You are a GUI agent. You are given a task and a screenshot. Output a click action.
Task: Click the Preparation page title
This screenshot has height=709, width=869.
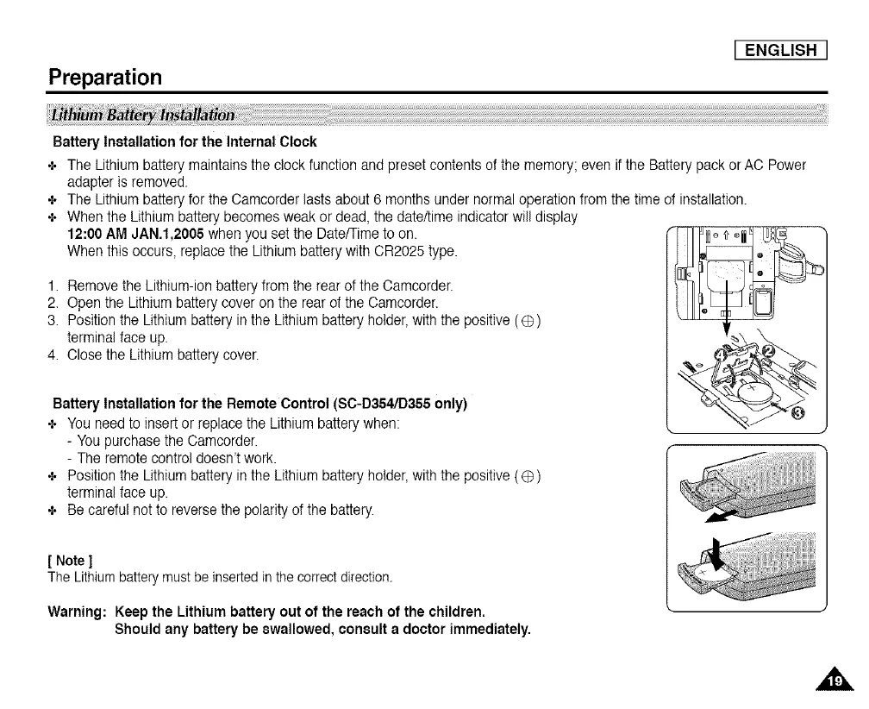coord(105,78)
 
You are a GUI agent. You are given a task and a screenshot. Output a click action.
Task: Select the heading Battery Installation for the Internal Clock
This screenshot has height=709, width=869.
coord(184,141)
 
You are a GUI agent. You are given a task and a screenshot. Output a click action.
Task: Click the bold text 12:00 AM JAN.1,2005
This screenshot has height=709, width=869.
coord(135,234)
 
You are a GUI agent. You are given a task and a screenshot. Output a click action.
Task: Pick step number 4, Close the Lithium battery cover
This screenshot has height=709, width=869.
coord(54,354)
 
